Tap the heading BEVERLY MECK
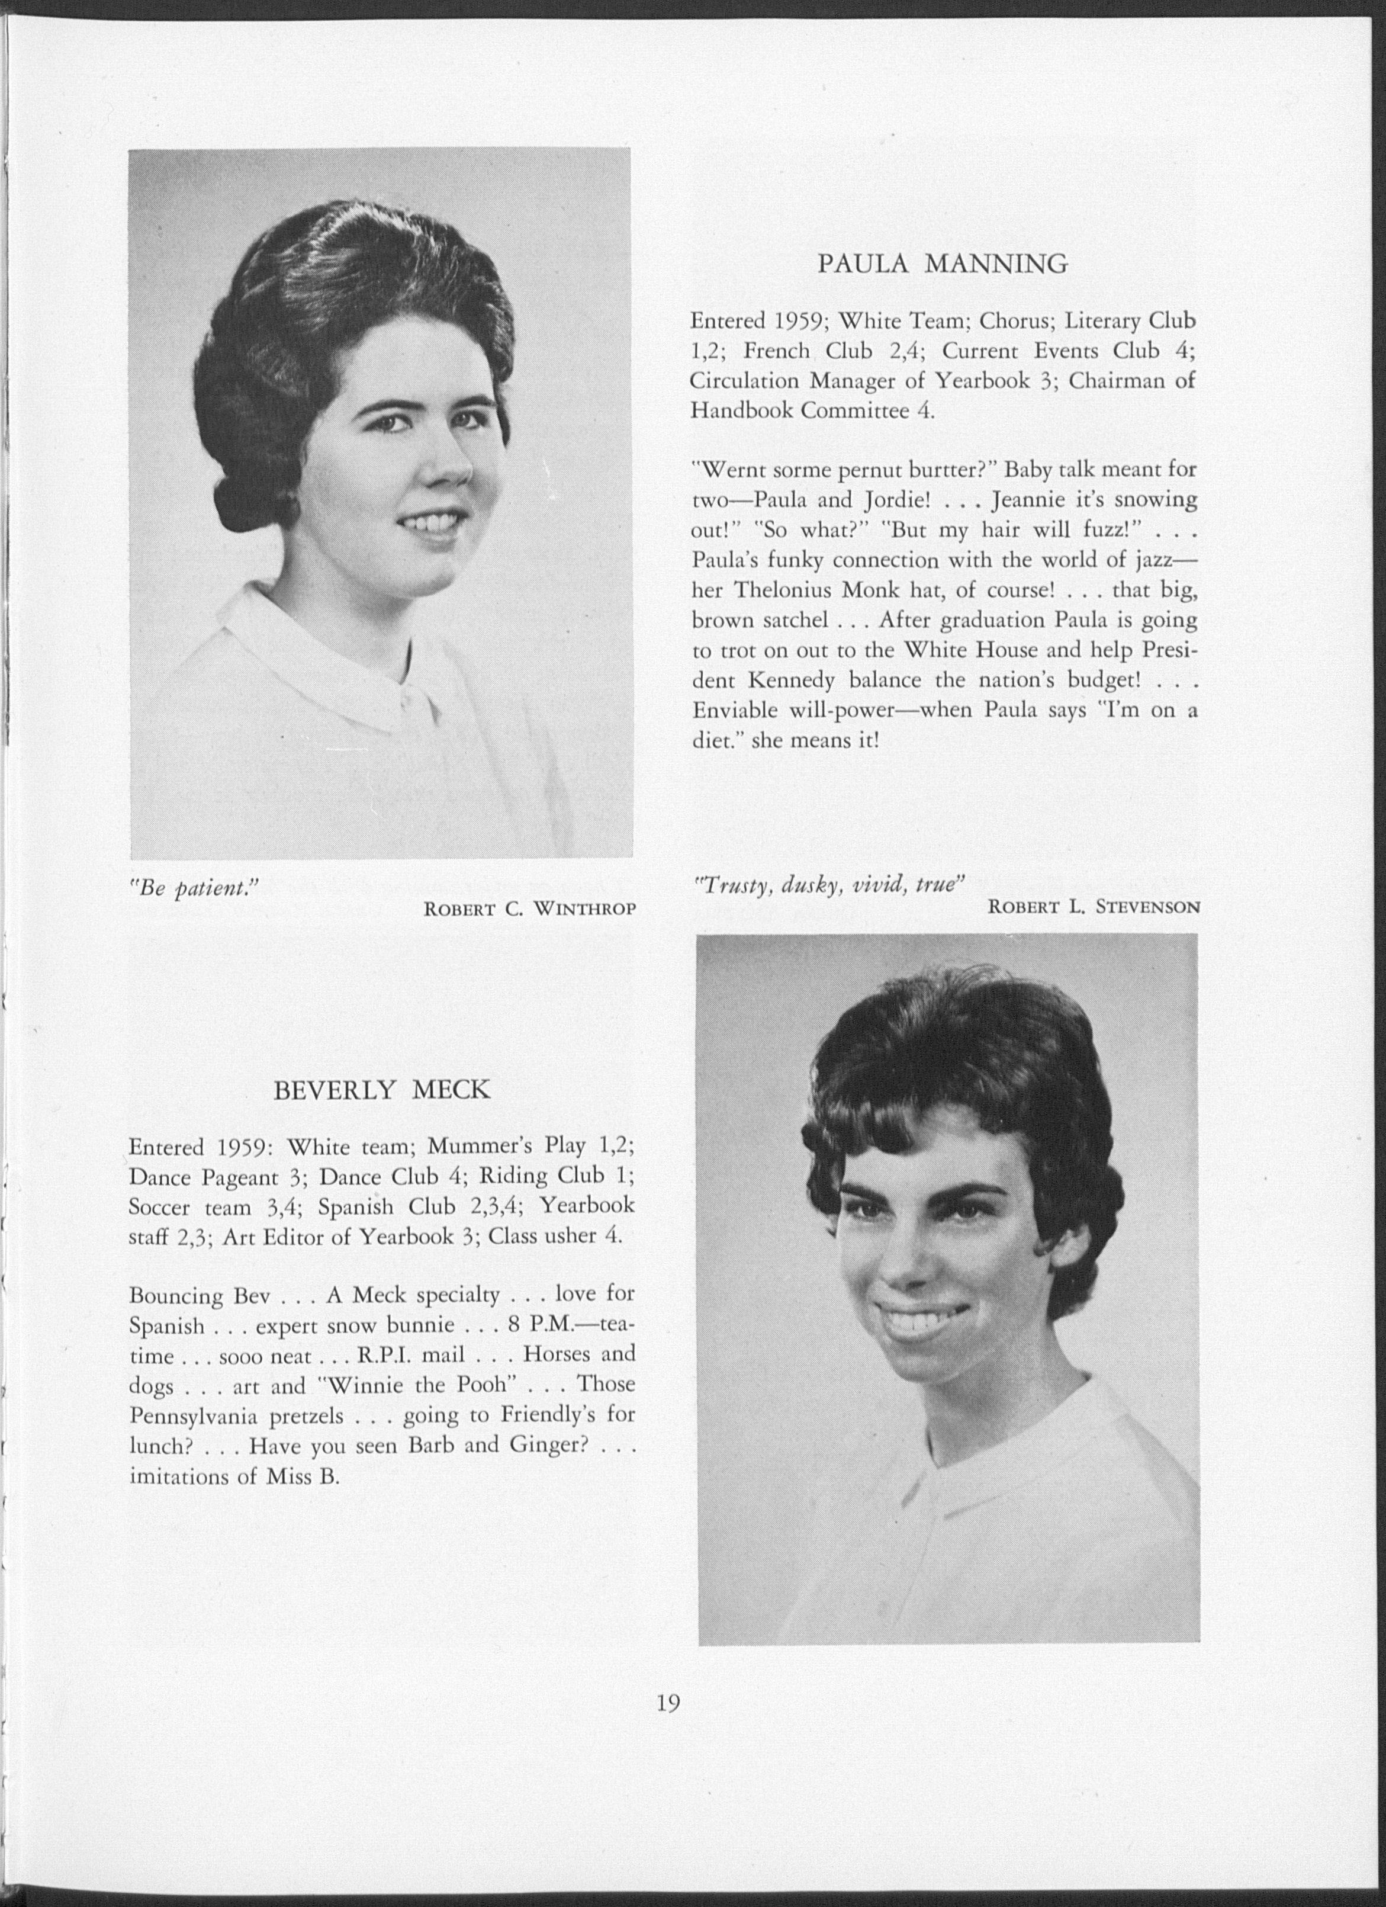point(382,1090)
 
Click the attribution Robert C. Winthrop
point(529,909)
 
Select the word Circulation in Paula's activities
point(743,381)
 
